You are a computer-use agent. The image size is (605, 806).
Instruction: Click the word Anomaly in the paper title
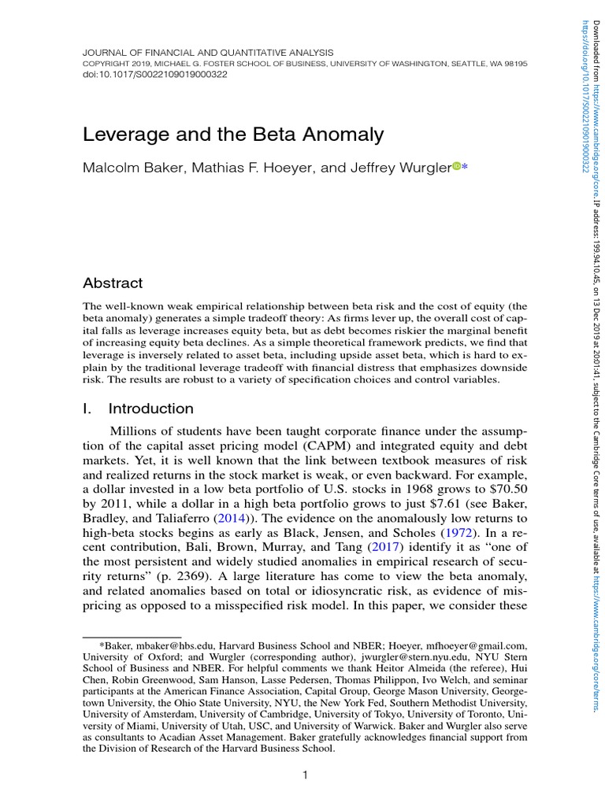pos(340,135)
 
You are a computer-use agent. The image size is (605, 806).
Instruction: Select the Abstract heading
pos(113,283)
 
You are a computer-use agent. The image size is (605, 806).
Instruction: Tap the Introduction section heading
pos(150,409)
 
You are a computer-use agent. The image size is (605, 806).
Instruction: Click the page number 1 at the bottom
pos(304,775)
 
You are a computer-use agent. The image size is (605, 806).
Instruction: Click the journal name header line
pos(208,51)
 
